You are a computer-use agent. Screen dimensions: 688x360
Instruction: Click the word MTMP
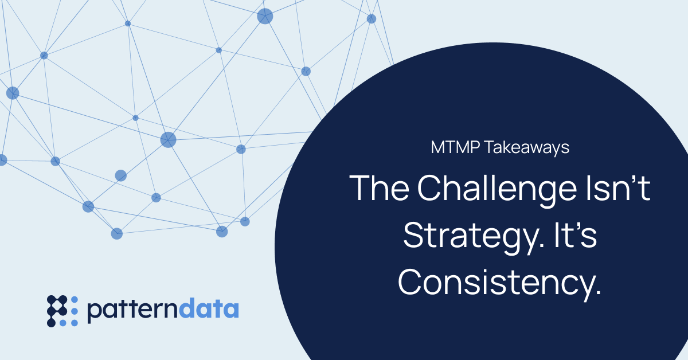pos(455,147)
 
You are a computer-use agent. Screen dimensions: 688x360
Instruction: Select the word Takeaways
pos(527,148)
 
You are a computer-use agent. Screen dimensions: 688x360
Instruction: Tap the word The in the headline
pos(380,188)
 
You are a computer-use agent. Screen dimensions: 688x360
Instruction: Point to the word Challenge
pos(497,191)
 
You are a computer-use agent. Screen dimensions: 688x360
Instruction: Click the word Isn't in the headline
pos(618,187)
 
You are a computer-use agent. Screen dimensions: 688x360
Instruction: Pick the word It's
pos(575,235)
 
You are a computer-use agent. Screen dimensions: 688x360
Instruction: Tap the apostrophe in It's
pos(576,227)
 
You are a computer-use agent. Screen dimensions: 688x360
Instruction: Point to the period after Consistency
pos(597,292)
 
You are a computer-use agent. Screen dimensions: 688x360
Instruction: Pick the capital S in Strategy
pos(413,235)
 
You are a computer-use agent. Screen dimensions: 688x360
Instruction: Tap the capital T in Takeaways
pos(491,147)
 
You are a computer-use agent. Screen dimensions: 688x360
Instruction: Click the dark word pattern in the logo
pos(132,310)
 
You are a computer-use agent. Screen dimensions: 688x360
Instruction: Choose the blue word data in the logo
pos(209,308)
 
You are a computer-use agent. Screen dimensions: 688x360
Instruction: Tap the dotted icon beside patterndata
pos(62,311)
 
